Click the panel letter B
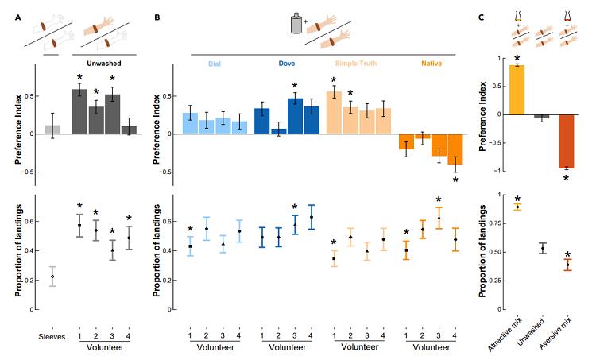coord(157,15)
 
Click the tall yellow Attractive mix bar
coord(518,90)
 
